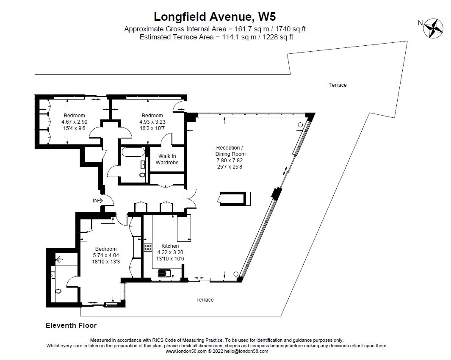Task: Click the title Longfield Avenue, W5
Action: [x=215, y=17]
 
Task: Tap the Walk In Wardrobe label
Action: [x=167, y=159]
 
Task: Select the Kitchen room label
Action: [x=170, y=246]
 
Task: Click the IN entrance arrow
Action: [x=98, y=201]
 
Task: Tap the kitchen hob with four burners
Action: [x=148, y=247]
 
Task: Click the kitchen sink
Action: [x=165, y=272]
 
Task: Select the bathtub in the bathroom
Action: [x=133, y=152]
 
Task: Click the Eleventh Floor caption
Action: [x=71, y=325]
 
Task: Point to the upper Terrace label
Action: [x=338, y=85]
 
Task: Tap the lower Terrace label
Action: [x=205, y=299]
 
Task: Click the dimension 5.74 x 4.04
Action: [x=106, y=255]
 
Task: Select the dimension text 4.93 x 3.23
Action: [x=152, y=122]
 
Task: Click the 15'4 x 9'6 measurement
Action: [x=74, y=128]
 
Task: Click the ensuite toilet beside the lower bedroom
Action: [x=58, y=291]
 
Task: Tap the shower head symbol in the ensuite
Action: [x=59, y=260]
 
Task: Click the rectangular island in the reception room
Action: [x=234, y=199]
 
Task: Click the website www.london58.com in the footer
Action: [x=186, y=351]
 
